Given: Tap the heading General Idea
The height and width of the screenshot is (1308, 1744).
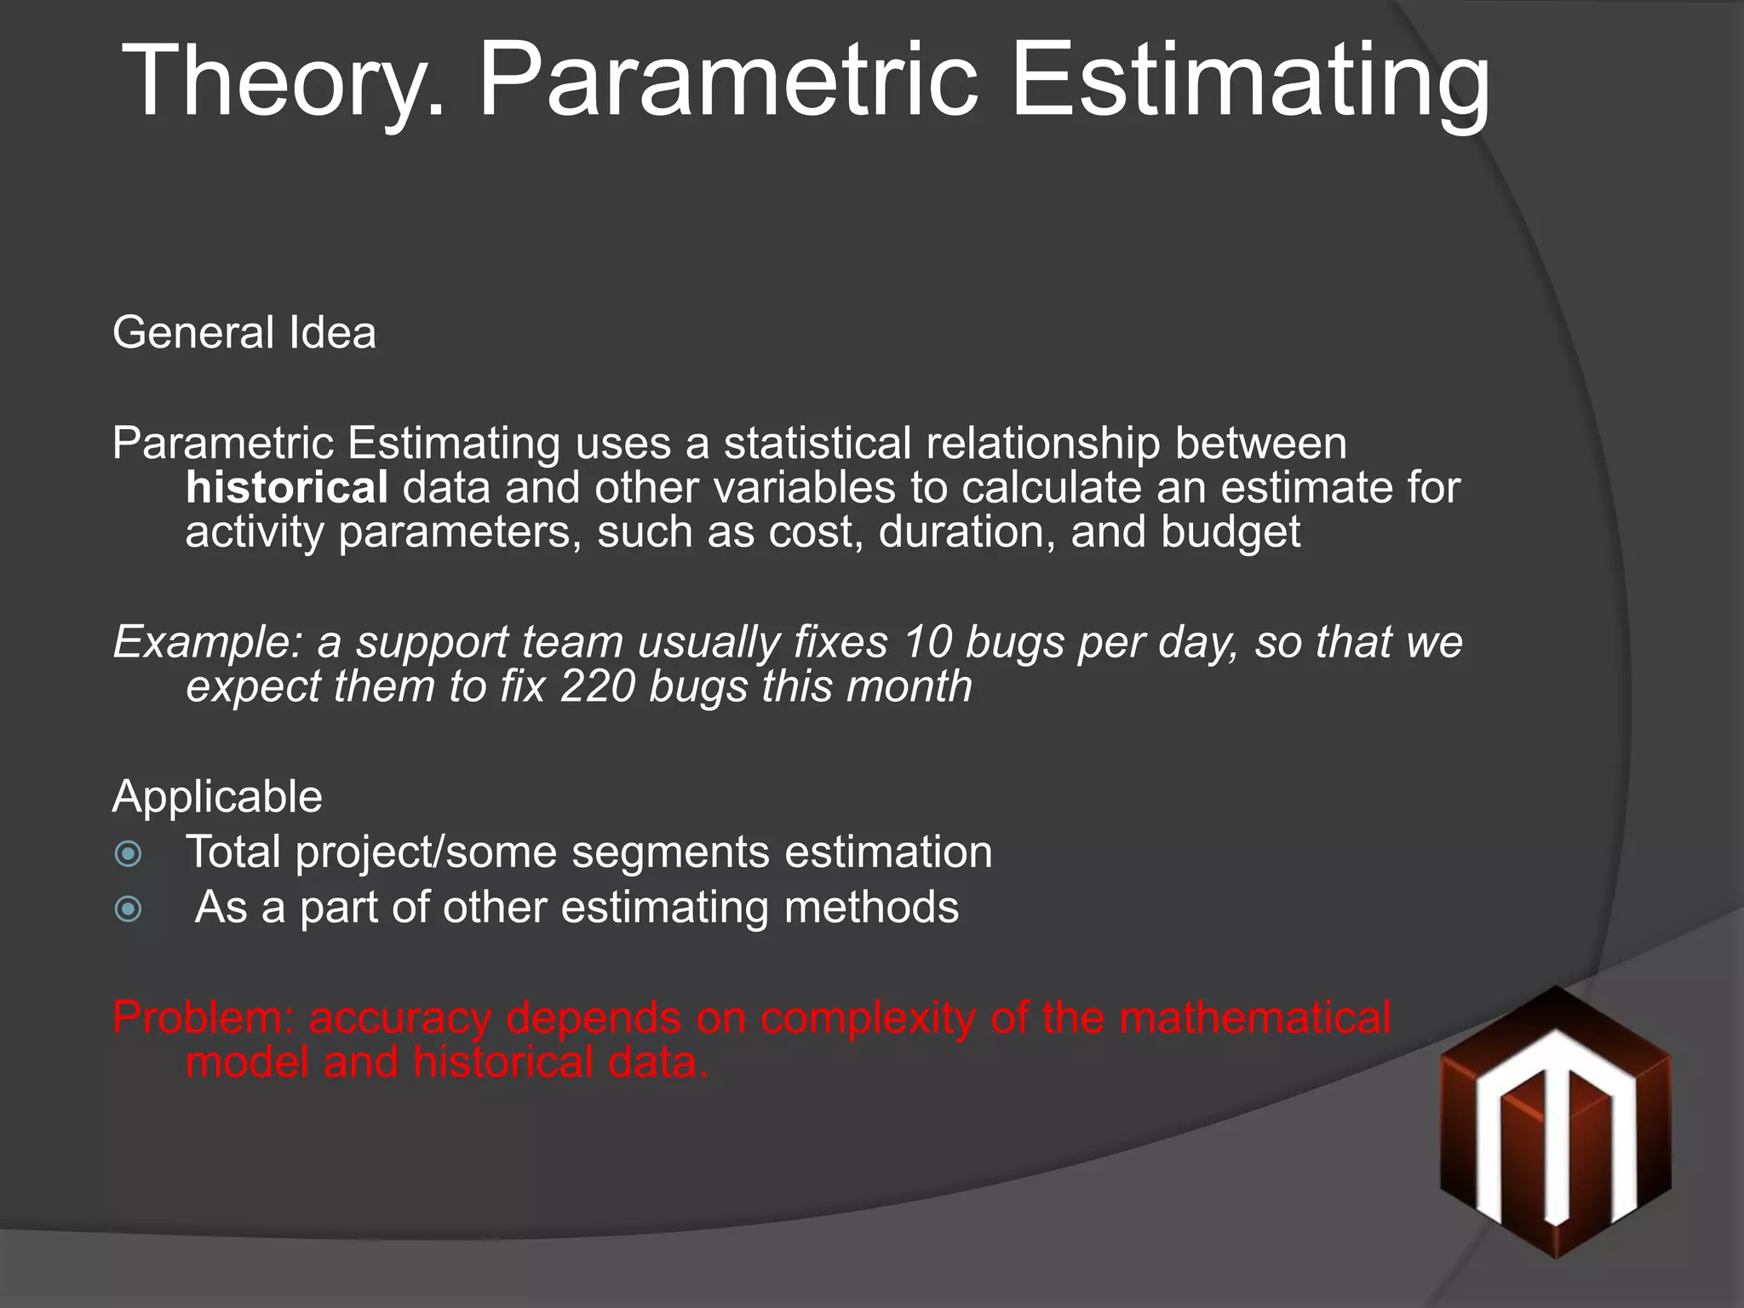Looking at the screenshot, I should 244,332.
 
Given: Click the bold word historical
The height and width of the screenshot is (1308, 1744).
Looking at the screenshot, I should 287,488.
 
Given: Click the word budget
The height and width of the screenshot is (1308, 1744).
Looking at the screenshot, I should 1230,532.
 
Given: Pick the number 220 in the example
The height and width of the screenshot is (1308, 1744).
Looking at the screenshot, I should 597,686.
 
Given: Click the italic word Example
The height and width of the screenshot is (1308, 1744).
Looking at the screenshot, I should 208,642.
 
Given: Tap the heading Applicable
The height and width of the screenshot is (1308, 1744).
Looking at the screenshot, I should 217,797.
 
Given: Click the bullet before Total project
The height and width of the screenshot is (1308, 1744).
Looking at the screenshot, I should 129,853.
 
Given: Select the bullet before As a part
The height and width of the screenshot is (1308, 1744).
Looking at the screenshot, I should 129,909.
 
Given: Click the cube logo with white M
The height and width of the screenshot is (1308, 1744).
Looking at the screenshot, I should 1555,1122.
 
